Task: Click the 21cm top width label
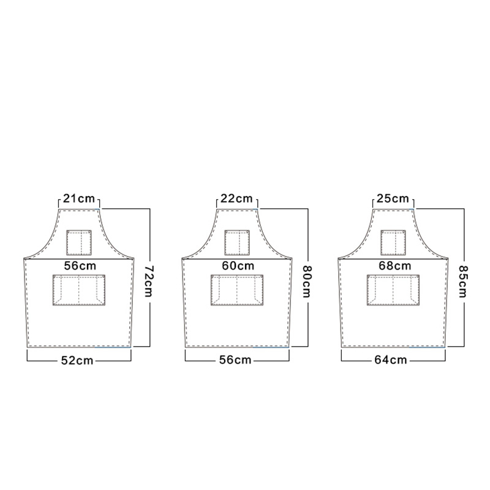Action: coord(79,198)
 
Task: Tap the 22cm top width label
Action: coord(237,198)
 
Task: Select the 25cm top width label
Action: coord(394,198)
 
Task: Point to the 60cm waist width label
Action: coord(237,266)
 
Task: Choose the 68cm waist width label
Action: coord(394,266)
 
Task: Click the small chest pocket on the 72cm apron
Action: coord(79,243)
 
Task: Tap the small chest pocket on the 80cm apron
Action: coord(237,243)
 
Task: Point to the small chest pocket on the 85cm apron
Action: coord(393,243)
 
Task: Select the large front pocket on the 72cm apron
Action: coord(79,290)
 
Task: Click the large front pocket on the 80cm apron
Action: coord(237,290)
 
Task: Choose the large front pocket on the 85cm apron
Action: coord(393,290)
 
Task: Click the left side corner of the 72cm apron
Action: coord(24,258)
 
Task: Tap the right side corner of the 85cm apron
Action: coord(448,258)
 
